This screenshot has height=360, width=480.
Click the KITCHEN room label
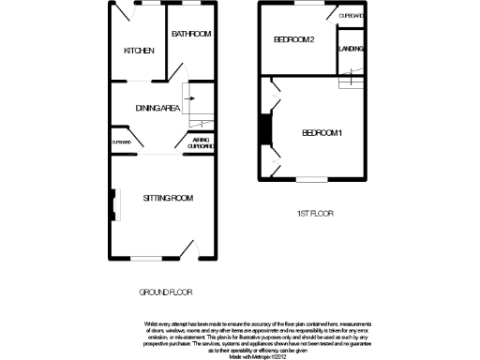click(x=139, y=51)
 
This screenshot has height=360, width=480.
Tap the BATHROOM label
click(x=190, y=34)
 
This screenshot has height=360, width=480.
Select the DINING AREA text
click(x=158, y=108)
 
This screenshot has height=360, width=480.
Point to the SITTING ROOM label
click(x=168, y=198)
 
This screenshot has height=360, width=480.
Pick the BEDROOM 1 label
click(x=322, y=133)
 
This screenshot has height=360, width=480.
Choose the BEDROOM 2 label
click(x=292, y=39)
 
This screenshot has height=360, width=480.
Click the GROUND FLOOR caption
click(x=166, y=292)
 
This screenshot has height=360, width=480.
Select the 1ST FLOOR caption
click(x=315, y=214)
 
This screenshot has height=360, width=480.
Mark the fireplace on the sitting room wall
click(x=114, y=203)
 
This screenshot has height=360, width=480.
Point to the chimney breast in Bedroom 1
click(x=265, y=130)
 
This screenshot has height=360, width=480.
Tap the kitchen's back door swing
click(x=125, y=12)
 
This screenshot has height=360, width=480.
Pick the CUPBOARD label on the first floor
click(x=352, y=16)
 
